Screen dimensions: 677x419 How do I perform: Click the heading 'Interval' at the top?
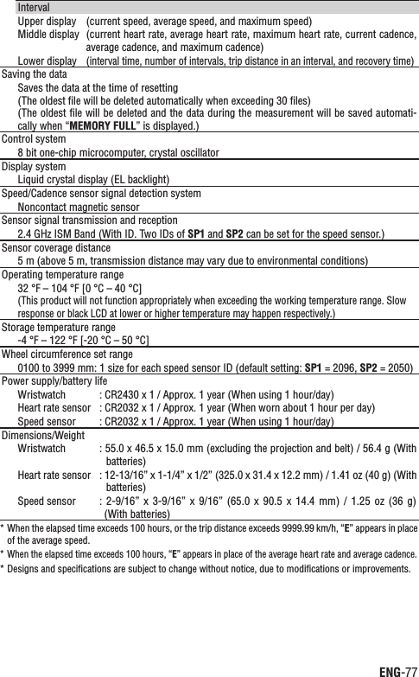[34, 7]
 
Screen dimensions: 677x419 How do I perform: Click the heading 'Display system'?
[33, 165]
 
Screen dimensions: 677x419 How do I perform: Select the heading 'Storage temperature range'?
[57, 327]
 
